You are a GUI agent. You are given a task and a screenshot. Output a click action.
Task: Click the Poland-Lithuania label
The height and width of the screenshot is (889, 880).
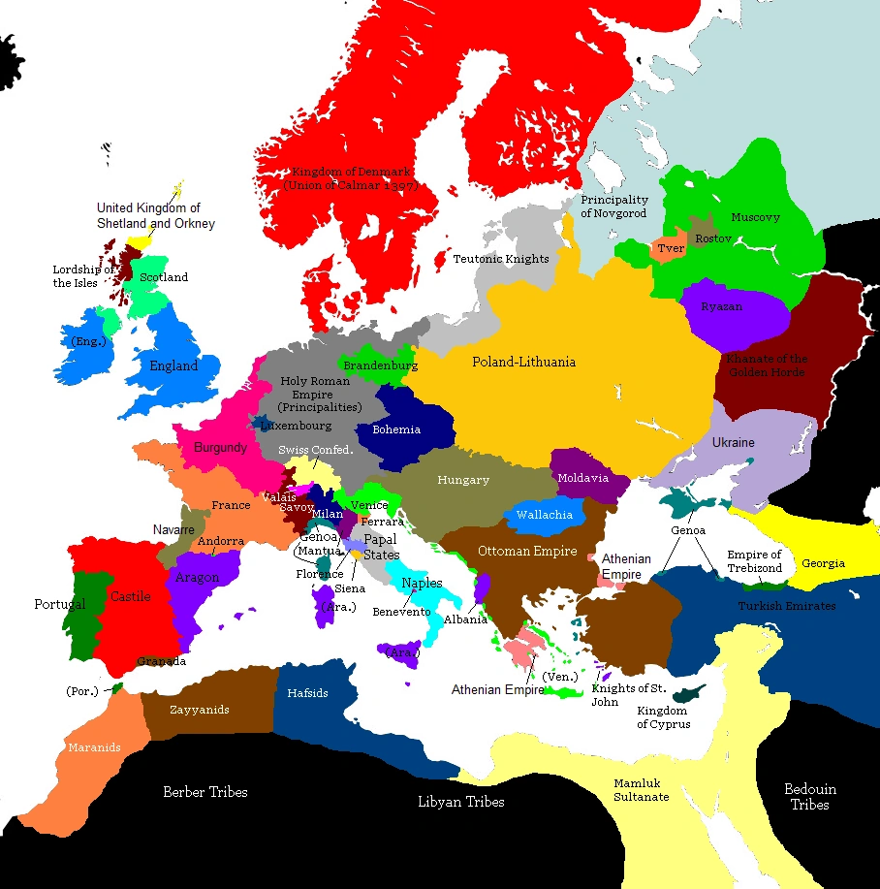pos(523,362)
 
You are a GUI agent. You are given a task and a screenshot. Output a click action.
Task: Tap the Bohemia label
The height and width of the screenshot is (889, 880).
pos(397,429)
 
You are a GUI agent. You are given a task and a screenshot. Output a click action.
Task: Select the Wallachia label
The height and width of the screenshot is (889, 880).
pos(544,515)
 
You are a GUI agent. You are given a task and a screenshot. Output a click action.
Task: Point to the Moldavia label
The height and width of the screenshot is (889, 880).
pos(582,478)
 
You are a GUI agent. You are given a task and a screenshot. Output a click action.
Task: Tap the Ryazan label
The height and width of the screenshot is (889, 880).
pos(723,306)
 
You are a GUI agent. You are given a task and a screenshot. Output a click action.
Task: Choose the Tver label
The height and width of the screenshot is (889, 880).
pos(671,249)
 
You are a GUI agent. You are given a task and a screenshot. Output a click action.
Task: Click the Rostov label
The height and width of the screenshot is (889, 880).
pos(712,238)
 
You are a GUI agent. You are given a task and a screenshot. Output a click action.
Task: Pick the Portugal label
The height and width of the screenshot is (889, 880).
pos(60,604)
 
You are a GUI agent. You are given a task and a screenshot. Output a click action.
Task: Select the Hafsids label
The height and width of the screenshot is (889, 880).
pos(307,693)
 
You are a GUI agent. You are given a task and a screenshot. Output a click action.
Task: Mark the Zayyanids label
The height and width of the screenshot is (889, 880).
pos(200,710)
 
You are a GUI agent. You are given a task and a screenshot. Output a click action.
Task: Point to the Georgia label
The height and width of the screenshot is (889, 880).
pos(823,563)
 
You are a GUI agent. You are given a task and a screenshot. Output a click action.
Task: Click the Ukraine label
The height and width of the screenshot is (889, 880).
pos(734,442)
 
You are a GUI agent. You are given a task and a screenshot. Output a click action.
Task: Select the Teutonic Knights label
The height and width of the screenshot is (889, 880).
pos(501,259)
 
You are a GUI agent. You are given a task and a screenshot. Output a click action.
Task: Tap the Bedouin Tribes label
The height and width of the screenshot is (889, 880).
pos(809,797)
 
